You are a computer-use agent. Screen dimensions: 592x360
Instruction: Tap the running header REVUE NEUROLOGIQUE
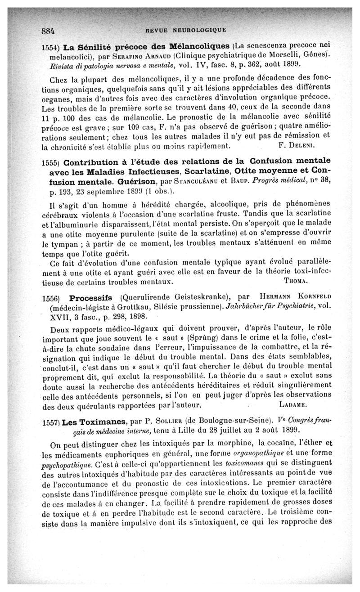[186, 32]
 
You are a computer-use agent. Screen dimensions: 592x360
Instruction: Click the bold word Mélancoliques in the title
[202, 47]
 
